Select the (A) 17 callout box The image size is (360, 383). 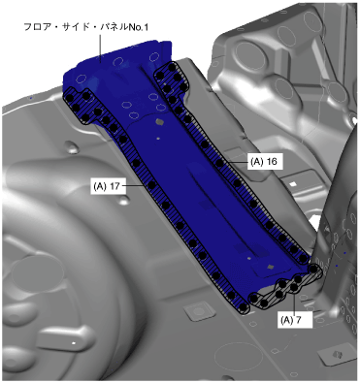pos(108,186)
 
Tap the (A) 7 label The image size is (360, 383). pos(295,320)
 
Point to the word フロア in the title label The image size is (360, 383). pos(35,27)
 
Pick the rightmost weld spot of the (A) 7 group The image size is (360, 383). pos(313,269)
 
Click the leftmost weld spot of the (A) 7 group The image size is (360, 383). pos(254,298)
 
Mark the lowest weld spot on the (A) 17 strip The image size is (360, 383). pos(245,306)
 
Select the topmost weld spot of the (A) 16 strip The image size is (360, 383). pos(172,68)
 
